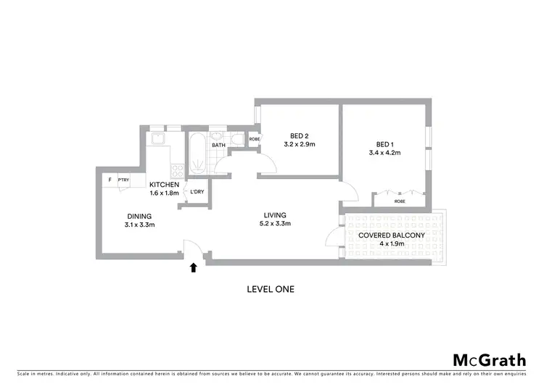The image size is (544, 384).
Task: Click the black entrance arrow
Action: click(x=194, y=267)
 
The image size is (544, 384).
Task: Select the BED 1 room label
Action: click(x=384, y=143)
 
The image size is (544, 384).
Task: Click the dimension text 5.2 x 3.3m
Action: click(x=275, y=224)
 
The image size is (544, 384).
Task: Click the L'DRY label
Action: click(x=196, y=192)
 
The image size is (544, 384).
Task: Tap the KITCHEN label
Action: click(x=164, y=185)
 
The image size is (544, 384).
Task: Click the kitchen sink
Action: click(x=157, y=138)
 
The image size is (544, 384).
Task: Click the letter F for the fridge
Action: click(x=110, y=180)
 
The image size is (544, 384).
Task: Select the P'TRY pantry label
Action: click(x=123, y=180)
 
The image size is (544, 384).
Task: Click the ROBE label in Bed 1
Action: click(x=400, y=201)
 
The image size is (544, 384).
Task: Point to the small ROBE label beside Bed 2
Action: click(x=255, y=139)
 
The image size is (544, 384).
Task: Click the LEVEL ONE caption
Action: click(x=271, y=289)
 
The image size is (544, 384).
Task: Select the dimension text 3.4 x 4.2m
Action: click(x=384, y=152)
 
